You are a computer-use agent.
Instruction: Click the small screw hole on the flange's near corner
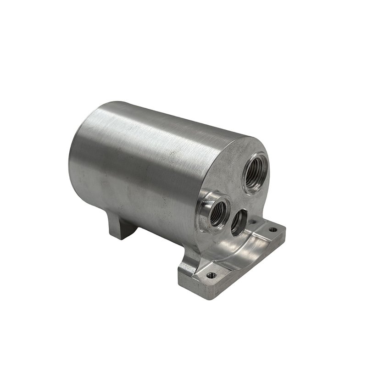[x=211, y=276]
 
